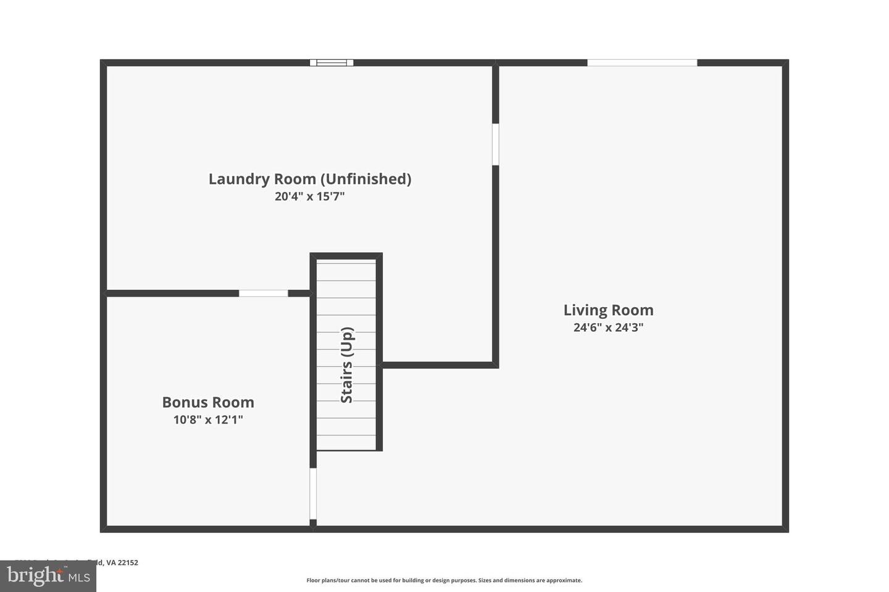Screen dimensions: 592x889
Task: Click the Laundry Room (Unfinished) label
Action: pos(309,179)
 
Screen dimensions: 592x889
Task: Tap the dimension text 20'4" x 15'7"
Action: pos(309,197)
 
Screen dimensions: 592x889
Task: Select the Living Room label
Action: pos(608,310)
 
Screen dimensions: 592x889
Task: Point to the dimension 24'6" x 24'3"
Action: pos(608,327)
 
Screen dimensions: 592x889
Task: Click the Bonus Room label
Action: pos(208,402)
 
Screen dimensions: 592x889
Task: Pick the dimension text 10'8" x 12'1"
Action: pos(208,420)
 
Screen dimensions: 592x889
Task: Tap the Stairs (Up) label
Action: pos(347,365)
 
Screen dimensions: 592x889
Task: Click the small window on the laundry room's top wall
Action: pos(332,62)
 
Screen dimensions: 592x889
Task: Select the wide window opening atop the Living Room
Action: pos(642,62)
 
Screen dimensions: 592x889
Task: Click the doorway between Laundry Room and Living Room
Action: pos(495,144)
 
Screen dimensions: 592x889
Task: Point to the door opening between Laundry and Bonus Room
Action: pos(263,293)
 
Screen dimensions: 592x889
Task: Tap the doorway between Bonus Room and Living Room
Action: pos(313,493)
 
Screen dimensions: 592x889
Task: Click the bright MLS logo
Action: pos(48,576)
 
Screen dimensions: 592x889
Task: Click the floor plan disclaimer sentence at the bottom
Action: pos(444,580)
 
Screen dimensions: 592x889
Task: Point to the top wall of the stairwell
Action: pos(346,256)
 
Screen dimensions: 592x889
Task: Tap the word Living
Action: pos(584,310)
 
